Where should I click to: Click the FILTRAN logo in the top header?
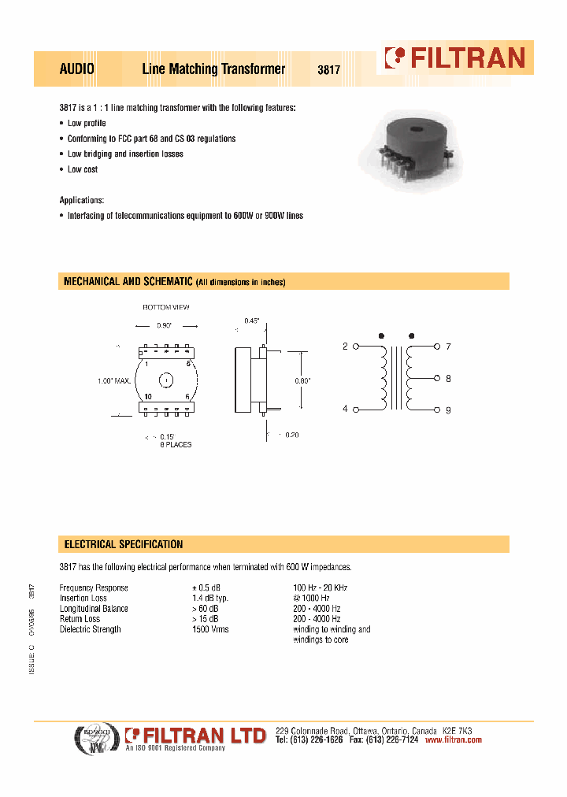(x=454, y=57)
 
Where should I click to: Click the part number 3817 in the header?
(x=328, y=69)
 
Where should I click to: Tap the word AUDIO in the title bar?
(x=77, y=69)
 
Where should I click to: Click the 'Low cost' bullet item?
(x=83, y=169)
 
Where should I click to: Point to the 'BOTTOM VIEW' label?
(x=165, y=307)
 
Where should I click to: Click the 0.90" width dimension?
(x=165, y=324)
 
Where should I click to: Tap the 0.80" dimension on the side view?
(x=302, y=380)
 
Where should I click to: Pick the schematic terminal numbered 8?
(x=448, y=379)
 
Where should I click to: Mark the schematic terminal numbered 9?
(x=448, y=410)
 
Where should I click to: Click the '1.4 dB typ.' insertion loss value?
(x=211, y=599)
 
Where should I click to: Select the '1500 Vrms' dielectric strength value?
(x=211, y=629)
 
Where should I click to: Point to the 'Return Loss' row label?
(x=82, y=619)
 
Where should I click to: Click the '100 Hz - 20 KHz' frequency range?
(x=320, y=588)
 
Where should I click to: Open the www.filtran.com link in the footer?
(x=453, y=740)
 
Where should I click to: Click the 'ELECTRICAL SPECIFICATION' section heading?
(x=123, y=545)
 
